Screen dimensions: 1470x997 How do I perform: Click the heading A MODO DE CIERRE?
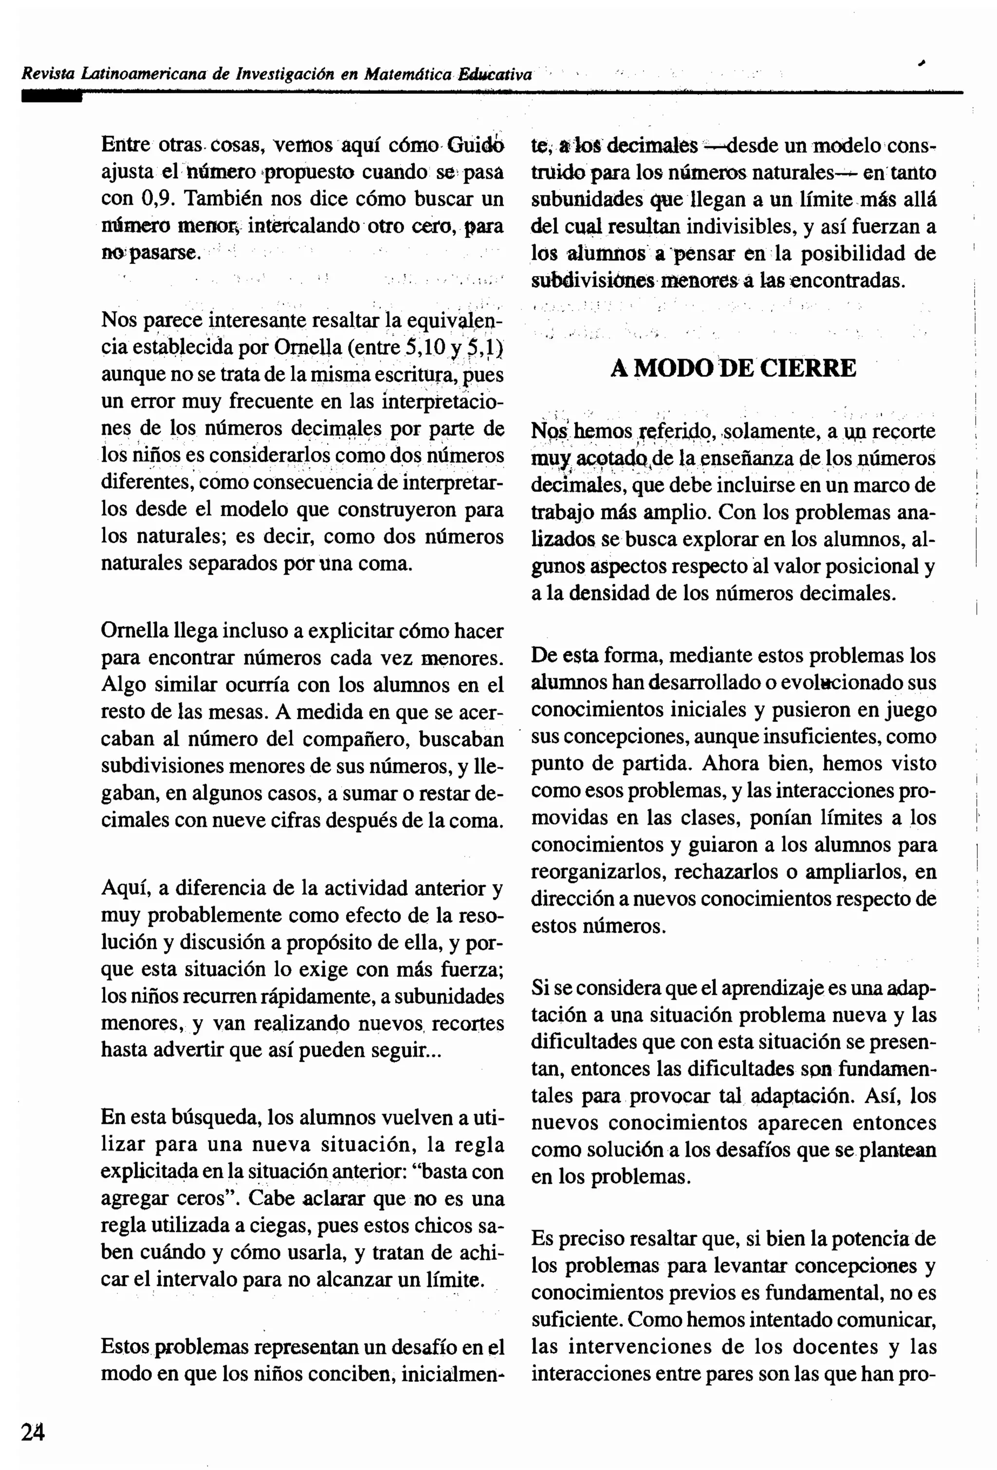733,367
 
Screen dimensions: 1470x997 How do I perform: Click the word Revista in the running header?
48,74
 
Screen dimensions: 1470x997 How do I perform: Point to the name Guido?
476,145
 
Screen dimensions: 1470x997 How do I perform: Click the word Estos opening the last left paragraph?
125,1347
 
